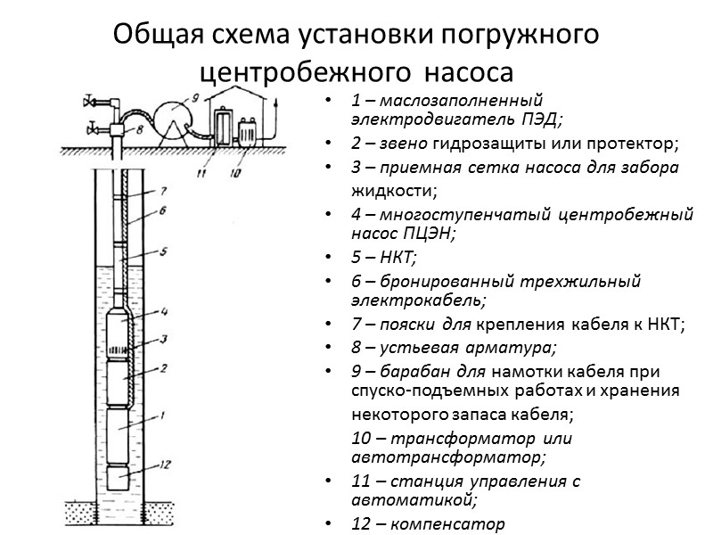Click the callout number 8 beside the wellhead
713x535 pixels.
(139, 128)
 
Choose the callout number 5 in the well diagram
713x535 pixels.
(162, 252)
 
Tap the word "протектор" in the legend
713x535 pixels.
(640, 144)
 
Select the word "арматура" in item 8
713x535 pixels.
(519, 347)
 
